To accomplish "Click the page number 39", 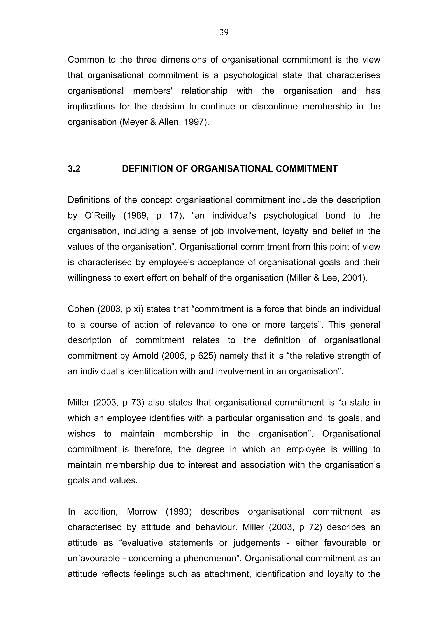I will pos(224,33).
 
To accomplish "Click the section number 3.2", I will pos(74,169).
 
